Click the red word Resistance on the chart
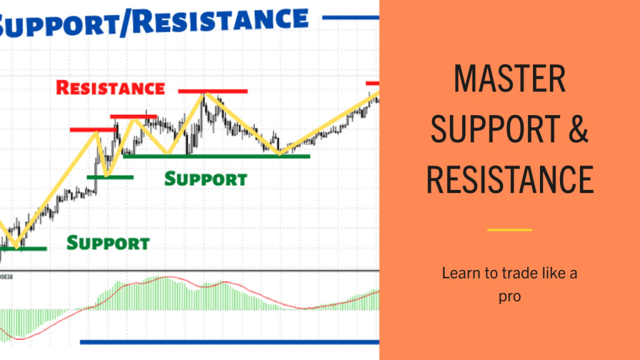pos(110,87)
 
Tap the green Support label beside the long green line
pos(206,179)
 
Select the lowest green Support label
pos(108,243)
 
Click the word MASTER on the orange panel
pos(509,78)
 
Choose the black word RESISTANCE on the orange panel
pos(510,179)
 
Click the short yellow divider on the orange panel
pos(509,230)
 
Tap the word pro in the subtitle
pos(510,297)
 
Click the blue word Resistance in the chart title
pos(221,21)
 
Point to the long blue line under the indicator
pos(229,342)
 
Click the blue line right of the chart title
pos(351,17)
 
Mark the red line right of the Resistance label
pos(212,91)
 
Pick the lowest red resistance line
pos(93,130)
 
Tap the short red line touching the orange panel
pos(372,83)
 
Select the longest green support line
pos(216,156)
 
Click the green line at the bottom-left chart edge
pos(23,249)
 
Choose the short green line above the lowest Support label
pos(110,177)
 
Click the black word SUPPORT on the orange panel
pos(496,129)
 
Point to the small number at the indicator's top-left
pos(6,277)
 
